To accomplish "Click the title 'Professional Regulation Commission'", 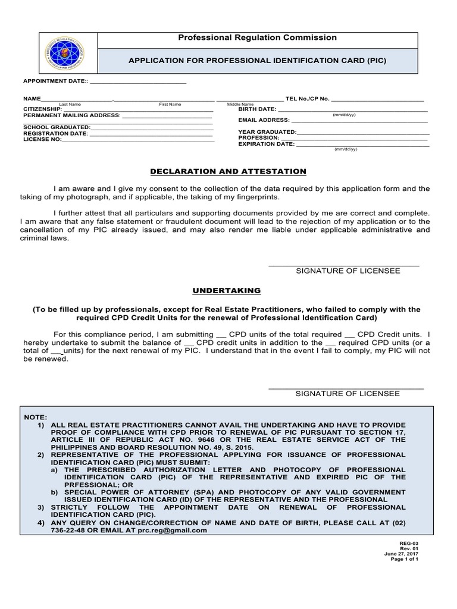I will click(x=258, y=38).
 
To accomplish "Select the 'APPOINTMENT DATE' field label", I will click(x=55, y=81).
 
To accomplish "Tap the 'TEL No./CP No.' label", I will click(x=307, y=98).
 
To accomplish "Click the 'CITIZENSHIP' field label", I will click(x=42, y=109).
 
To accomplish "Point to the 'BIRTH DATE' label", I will click(x=257, y=109).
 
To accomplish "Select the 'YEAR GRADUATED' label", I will click(x=267, y=131).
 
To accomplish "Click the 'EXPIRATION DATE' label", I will click(x=266, y=144).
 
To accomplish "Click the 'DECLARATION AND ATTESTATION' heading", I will click(x=227, y=171).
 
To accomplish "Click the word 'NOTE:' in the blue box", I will click(x=35, y=417).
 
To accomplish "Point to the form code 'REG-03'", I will click(x=411, y=544).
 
